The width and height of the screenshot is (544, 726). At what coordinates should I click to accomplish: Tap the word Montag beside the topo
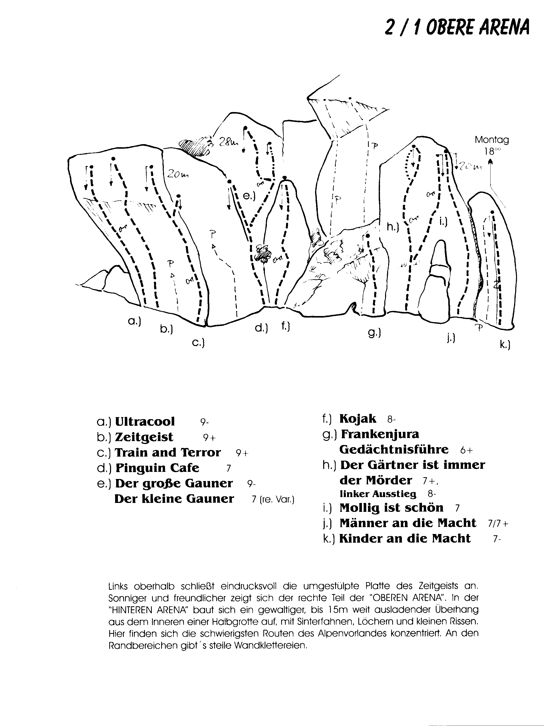492,140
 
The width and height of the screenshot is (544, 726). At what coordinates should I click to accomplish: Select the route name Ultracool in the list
145,422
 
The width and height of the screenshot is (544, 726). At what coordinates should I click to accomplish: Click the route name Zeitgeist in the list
144,437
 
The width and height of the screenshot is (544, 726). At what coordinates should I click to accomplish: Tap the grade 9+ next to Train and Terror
242,453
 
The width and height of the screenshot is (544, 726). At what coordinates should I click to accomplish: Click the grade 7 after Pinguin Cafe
228,468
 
